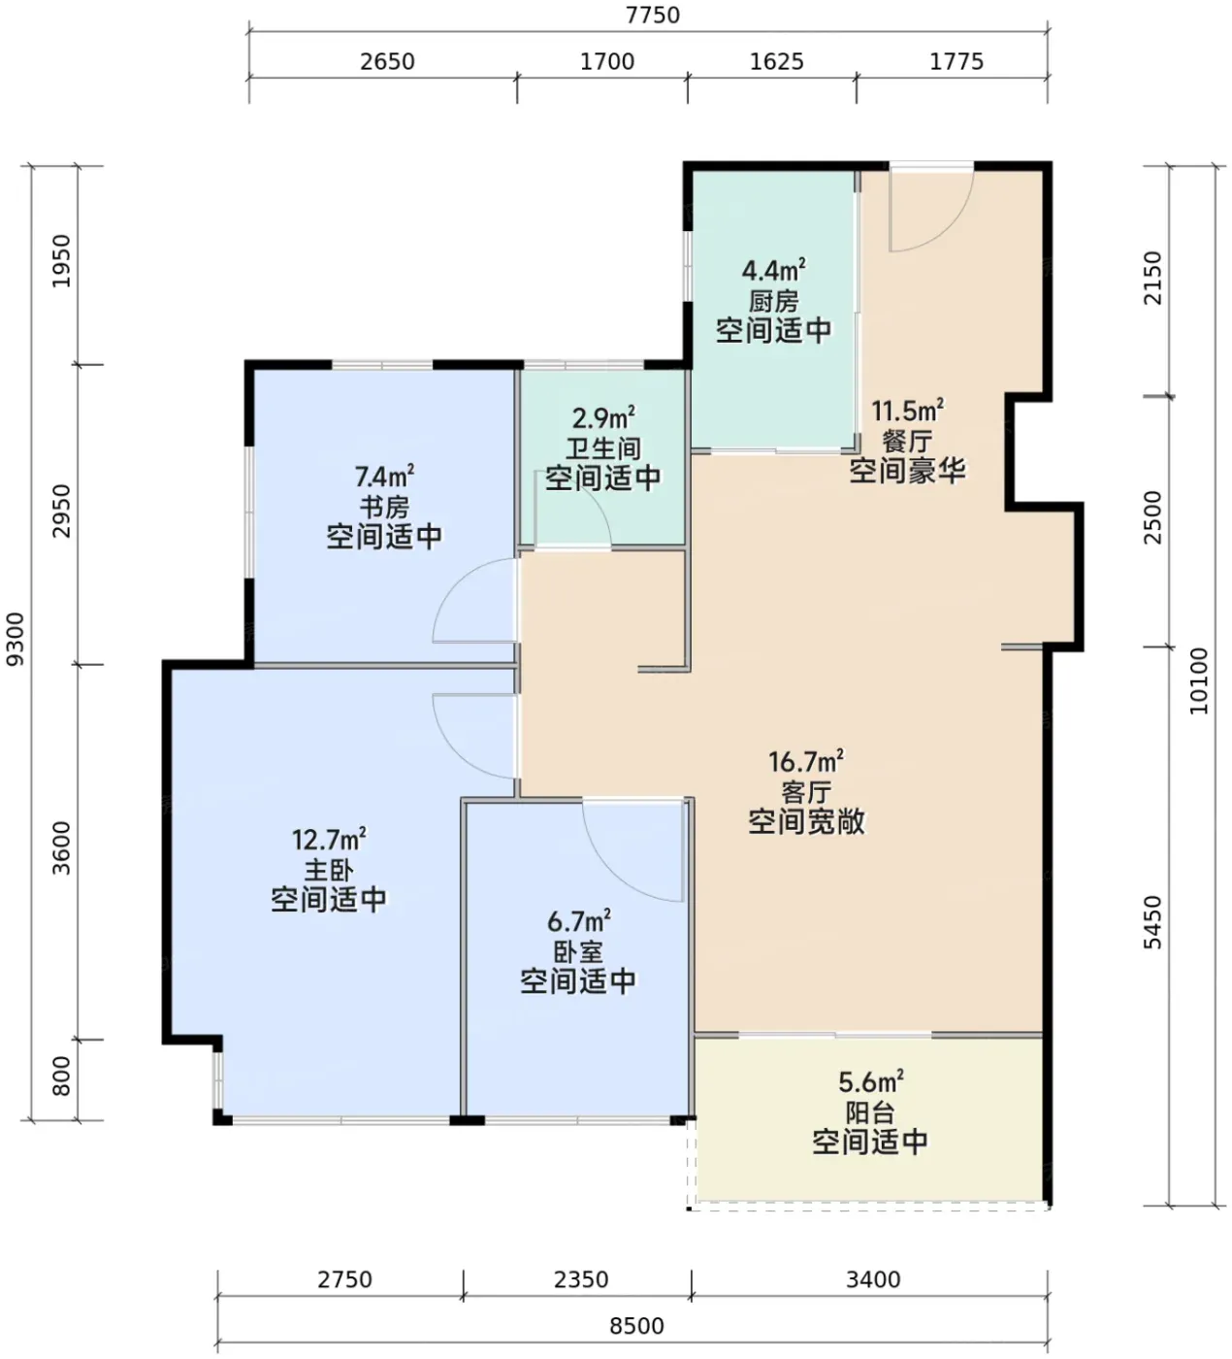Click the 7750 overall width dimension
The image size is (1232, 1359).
click(652, 15)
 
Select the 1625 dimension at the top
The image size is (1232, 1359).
click(776, 62)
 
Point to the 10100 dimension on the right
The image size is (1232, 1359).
click(1198, 680)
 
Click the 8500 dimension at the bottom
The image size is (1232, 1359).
click(636, 1325)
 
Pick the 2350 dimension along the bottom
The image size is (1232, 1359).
click(581, 1279)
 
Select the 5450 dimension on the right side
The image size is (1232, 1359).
click(1152, 922)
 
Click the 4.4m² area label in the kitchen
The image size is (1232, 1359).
click(773, 270)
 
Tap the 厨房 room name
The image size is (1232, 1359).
click(773, 301)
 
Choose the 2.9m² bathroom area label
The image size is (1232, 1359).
click(603, 418)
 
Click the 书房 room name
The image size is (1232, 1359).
click(384, 507)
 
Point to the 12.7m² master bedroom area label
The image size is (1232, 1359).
click(329, 840)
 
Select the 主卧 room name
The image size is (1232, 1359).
click(329, 870)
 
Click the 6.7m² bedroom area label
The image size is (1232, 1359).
click(579, 920)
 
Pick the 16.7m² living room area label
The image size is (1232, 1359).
click(806, 761)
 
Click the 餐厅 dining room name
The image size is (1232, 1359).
click(908, 441)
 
